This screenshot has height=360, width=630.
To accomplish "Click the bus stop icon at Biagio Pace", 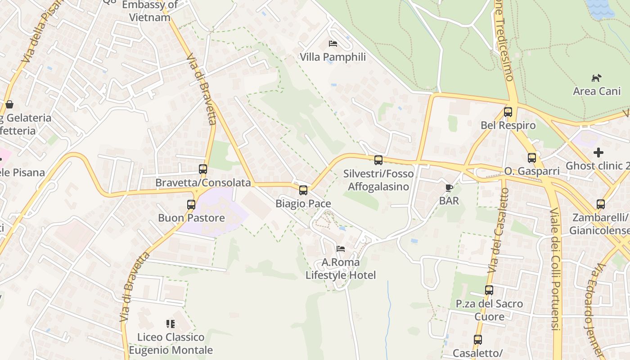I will coord(303,190).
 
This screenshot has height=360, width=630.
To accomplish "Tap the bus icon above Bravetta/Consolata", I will coord(203,169).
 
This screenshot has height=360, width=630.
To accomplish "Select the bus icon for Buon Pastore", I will coord(191,205).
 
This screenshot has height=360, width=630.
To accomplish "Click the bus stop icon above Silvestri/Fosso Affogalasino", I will coord(378,160).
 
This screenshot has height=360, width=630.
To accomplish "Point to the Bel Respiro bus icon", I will coord(508,112).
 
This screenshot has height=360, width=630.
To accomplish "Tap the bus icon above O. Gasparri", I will coord(532,158).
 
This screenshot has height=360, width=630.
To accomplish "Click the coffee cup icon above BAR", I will coord(449,188).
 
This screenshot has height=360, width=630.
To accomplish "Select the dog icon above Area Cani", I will coord(596,78).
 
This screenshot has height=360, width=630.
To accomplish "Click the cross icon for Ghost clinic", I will coord(598,153).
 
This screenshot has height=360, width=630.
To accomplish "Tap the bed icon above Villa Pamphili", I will coord(333,44).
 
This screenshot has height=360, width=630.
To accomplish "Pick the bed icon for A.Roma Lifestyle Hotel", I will coord(341,248).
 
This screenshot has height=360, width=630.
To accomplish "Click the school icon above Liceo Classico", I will coord(170,324).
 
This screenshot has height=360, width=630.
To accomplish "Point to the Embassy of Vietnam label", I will coord(150,11).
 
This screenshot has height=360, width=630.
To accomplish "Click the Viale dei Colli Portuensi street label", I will coord(555,269).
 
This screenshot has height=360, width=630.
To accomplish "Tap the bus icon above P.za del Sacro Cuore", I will coord(489,290).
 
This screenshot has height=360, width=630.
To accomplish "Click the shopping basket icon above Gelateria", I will coord(9,105).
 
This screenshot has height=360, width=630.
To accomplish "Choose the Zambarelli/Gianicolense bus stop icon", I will coord(600,204).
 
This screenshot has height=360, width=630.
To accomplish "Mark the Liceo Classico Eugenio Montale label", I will coord(171,343).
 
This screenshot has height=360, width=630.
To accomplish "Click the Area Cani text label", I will coord(597,91).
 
